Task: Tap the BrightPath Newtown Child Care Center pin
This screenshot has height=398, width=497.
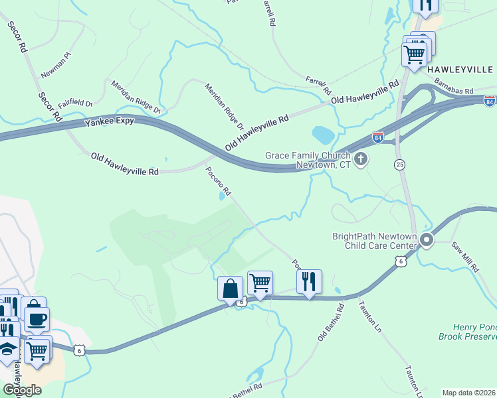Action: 427,240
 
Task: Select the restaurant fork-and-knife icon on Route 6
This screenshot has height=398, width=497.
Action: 309,282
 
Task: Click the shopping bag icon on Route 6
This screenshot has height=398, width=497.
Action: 230,289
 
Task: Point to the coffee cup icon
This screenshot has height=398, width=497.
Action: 37,319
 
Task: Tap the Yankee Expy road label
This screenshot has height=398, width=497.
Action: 110,122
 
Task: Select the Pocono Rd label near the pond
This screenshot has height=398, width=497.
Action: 218,181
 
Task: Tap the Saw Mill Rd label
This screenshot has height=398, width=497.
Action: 465,257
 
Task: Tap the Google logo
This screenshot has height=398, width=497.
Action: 22,390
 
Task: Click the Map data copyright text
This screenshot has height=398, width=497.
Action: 469,393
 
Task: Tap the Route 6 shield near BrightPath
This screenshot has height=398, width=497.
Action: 400,262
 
